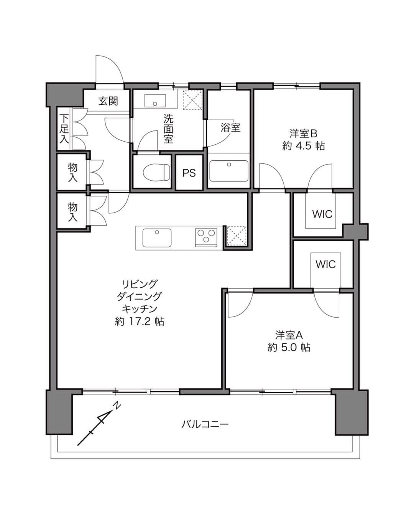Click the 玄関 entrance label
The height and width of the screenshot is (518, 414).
pos(108,101)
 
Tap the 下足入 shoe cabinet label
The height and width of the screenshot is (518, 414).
pos(64,129)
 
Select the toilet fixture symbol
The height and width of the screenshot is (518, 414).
pos(156,172)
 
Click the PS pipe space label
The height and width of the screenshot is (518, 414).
pos(189,173)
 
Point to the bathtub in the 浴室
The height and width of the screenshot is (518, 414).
pos(229,171)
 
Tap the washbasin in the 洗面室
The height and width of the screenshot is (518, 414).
pos(155,101)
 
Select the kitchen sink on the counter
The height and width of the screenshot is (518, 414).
pos(157,238)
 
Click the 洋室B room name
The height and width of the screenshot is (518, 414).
pos(303,134)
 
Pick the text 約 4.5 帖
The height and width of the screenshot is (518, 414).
pos(303,146)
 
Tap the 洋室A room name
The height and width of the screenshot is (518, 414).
pos(289,335)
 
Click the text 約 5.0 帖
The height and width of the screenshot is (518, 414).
pos(289,348)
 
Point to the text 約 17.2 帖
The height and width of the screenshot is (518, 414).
pos(140,321)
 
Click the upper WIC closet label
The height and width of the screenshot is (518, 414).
pos(322,214)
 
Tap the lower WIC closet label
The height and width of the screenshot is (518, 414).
pos(325,264)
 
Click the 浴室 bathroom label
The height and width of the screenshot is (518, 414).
pos(230,127)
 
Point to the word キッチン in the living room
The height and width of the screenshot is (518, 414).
pos(140,309)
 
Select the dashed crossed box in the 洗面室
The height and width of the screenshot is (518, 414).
pos(192,100)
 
